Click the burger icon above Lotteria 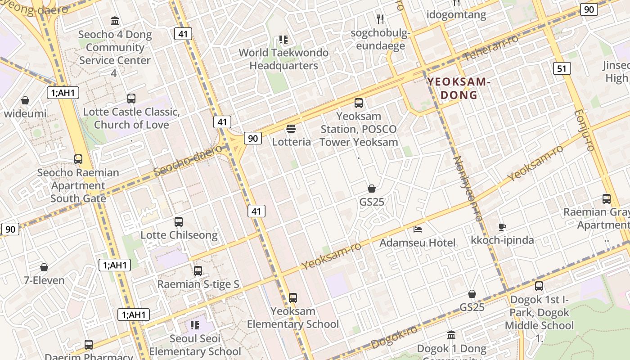(291, 129)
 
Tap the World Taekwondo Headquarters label (283, 59)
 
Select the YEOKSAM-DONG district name (458, 88)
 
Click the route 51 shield (561, 68)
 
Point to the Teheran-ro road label (491, 49)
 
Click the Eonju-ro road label (585, 130)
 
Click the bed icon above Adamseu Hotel (418, 229)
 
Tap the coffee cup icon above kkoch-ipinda (502, 227)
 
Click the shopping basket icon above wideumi (25, 100)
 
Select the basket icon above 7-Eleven (44, 267)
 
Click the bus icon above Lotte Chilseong (179, 222)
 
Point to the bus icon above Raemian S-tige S (198, 271)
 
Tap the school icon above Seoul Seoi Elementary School (195, 325)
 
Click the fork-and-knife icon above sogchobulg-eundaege (380, 19)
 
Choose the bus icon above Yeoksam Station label (359, 103)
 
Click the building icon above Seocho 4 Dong (115, 21)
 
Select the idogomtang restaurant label (456, 14)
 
